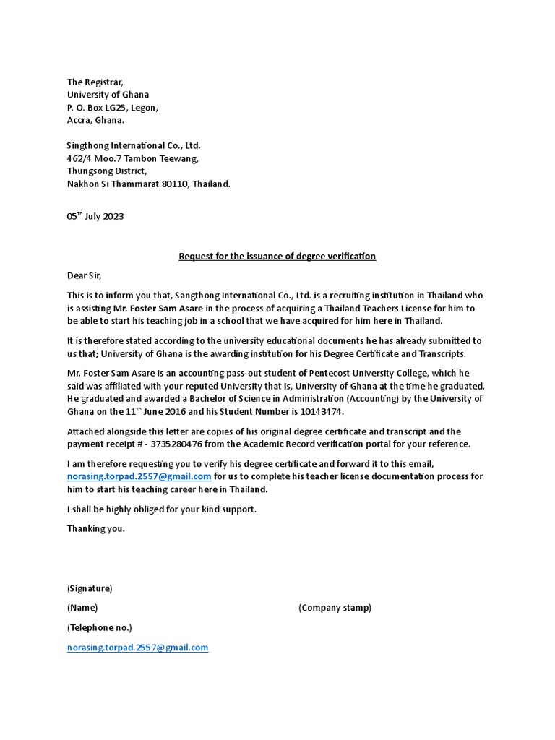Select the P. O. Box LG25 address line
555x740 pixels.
pyautogui.click(x=112, y=108)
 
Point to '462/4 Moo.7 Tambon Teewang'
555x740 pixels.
pyautogui.click(x=132, y=158)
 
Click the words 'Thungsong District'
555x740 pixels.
pyautogui.click(x=106, y=171)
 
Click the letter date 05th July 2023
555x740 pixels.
pyautogui.click(x=95, y=217)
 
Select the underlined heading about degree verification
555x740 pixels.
pyautogui.click(x=277, y=256)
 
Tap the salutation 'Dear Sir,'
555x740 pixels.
pyautogui.click(x=85, y=275)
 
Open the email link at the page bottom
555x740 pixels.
pyautogui.click(x=137, y=647)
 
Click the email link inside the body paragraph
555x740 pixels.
pyautogui.click(x=139, y=476)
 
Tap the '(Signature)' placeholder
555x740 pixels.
pyautogui.click(x=90, y=588)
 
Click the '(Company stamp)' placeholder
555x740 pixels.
pyautogui.click(x=335, y=608)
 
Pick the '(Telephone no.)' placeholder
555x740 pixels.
pyautogui.click(x=99, y=627)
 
